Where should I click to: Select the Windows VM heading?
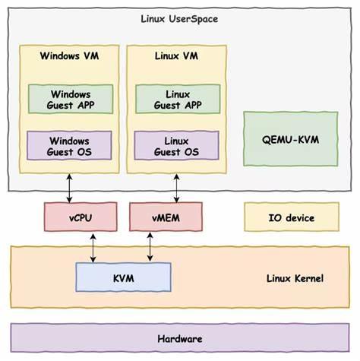pos(69,56)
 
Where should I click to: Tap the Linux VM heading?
pos(178,56)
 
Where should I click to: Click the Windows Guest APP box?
pos(69,99)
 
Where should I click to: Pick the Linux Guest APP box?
pos(178,99)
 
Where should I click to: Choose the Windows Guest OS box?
pos(69,146)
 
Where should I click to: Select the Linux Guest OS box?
pos(178,146)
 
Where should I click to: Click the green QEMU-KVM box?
pos(290,139)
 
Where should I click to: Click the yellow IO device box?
pos(290,217)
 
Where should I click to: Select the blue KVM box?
pos(123,278)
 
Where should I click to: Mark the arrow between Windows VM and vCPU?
pos(69,188)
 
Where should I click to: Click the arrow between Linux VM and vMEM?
pos(178,188)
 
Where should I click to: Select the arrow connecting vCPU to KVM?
pos(93,248)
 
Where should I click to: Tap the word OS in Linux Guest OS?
pos(194,152)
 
